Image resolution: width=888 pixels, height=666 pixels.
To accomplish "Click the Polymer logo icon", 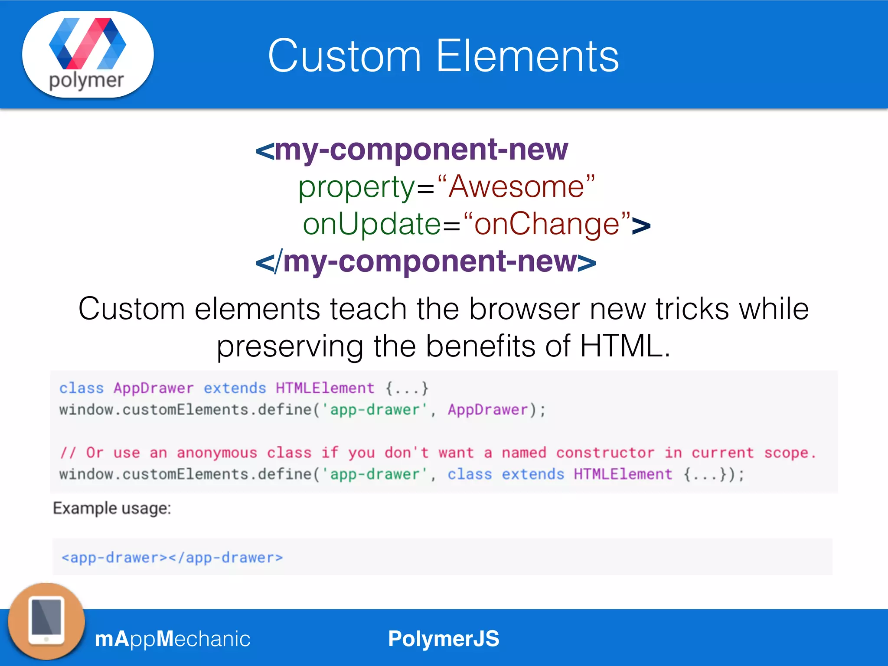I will pos(88,43).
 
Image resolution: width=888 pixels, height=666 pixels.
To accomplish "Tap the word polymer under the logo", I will pos(86,81).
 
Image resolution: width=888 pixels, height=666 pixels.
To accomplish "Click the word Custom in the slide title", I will pos(344,56).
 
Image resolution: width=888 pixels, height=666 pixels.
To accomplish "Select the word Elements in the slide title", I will pos(527,56).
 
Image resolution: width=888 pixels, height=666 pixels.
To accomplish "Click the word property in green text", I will pos(356,187).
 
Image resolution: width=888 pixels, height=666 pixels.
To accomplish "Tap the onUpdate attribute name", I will pos(372,224).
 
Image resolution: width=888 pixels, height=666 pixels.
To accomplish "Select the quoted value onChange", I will pos(547,224).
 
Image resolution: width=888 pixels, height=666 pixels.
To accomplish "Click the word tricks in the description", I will pos(692,309).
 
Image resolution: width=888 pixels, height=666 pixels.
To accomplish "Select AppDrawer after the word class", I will pos(153,388).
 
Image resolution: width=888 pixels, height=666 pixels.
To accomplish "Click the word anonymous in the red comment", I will pos(217,453).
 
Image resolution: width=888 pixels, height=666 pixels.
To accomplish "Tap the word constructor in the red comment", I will pos(605,453).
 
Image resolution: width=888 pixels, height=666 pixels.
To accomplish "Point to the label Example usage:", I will pos(112,508).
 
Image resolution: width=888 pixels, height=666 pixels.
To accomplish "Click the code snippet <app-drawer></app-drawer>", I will pos(172,558).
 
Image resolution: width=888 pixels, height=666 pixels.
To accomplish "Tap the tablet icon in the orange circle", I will pos(46,621).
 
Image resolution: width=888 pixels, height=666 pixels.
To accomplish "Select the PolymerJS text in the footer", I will pos(444,639).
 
